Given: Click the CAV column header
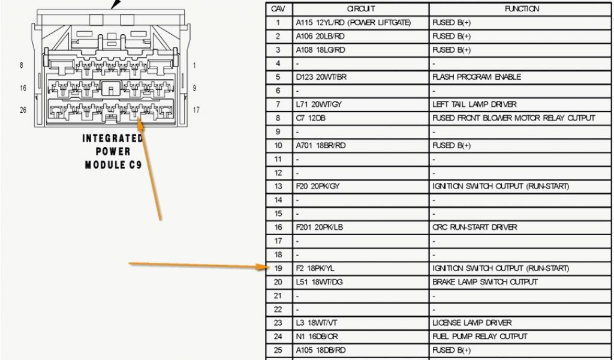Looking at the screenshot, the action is coord(278,9).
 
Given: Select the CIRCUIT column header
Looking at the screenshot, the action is coord(361,9).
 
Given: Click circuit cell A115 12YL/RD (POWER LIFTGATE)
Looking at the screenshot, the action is coord(353,23).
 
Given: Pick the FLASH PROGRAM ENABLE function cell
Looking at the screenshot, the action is coord(477,77).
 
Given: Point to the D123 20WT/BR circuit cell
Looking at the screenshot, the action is coord(321,77).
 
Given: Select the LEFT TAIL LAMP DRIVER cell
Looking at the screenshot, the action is coord(474,104).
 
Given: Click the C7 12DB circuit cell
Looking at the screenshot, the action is coord(308,118).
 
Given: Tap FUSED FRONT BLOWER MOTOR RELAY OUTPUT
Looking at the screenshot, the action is coord(513,118).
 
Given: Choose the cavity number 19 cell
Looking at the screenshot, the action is coord(278,268).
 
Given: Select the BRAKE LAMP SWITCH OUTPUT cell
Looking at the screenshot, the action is coord(485,282).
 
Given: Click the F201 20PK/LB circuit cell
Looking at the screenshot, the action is coord(320,227).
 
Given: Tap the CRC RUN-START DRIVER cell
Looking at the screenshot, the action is coord(474,227).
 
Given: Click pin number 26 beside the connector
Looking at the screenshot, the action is coord(23,110).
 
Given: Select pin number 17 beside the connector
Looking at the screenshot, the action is coord(195,110).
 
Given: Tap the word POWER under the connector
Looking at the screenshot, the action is coord(113,151).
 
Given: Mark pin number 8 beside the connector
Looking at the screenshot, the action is coord(22,65).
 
